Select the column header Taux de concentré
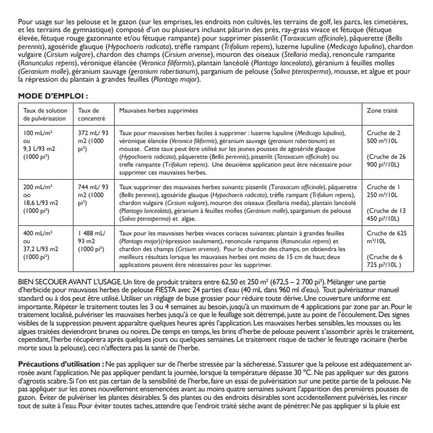89,114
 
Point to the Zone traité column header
382,111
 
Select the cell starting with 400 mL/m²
38,244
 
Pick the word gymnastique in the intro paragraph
80,29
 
